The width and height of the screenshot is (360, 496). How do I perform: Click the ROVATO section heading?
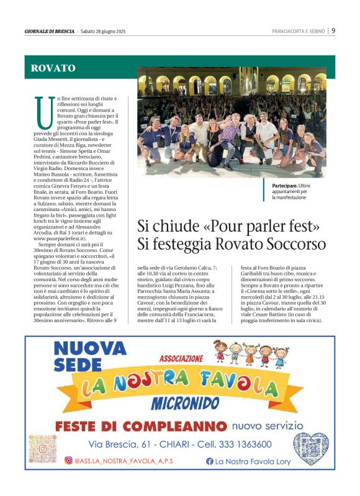pos(53,68)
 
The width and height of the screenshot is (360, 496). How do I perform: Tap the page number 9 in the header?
pos(333,30)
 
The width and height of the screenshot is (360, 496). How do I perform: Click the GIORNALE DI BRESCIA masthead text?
pos(50,31)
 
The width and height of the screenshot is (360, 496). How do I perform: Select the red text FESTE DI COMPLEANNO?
pos(140,427)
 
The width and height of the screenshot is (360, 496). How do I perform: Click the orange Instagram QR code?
pos(43,448)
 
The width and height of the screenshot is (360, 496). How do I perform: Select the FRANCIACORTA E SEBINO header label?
pos(299,31)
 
